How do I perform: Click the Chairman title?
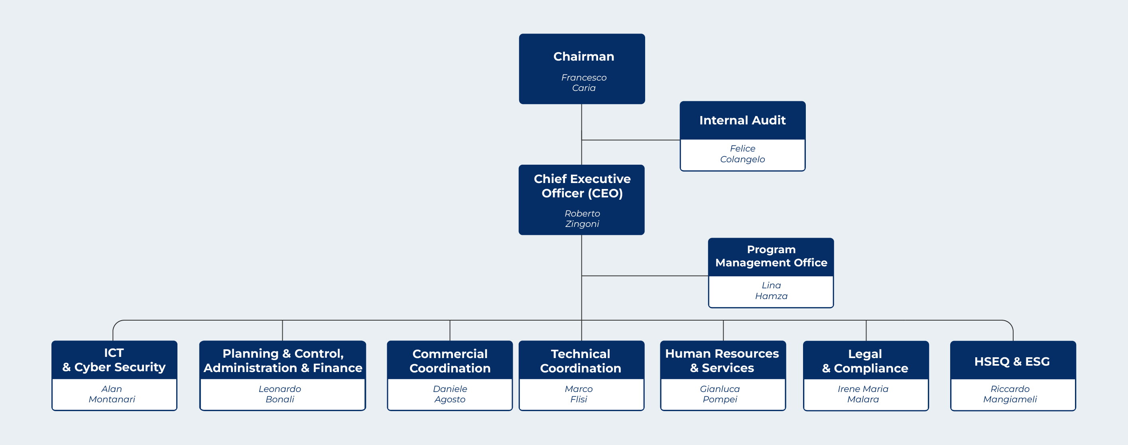(583, 57)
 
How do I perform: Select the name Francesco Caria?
(584, 83)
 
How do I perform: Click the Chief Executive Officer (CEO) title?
(582, 186)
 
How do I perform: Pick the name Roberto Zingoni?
(582, 219)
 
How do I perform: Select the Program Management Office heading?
(771, 256)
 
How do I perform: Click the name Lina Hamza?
(771, 290)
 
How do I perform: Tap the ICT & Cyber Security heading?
(114, 360)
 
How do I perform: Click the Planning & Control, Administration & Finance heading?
(283, 360)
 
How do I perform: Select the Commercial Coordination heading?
(450, 361)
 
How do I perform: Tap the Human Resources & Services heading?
(722, 360)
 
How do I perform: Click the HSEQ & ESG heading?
(1012, 361)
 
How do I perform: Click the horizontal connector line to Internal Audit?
(630, 140)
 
